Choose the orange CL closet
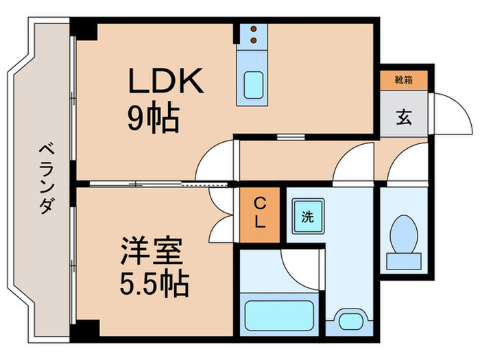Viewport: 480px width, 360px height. (x=260, y=213)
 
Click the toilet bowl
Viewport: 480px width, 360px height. (x=404, y=234)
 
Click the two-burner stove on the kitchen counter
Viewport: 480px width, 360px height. (x=254, y=34)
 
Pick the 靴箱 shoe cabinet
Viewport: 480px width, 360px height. (x=403, y=81)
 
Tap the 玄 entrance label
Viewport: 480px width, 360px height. (x=403, y=117)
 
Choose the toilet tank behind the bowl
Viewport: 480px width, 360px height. (x=404, y=261)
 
